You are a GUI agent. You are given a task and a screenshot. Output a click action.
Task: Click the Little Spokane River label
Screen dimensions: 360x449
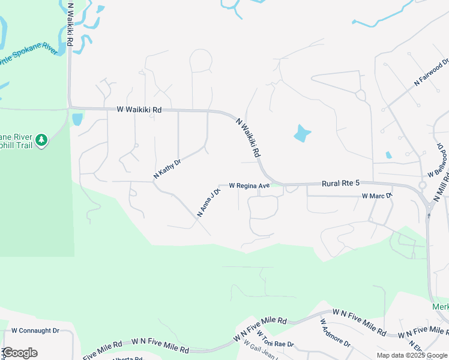(30, 60)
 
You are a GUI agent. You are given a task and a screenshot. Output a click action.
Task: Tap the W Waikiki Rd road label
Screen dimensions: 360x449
(139, 110)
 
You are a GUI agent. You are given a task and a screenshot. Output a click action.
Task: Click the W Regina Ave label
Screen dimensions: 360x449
(249, 186)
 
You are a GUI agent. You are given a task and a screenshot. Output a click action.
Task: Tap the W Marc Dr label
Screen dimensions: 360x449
(377, 196)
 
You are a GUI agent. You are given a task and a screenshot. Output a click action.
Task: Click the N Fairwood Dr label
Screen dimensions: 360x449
(431, 73)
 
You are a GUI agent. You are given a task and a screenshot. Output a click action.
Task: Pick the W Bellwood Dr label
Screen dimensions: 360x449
(439, 160)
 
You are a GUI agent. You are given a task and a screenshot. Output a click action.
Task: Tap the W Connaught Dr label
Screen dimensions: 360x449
(35, 331)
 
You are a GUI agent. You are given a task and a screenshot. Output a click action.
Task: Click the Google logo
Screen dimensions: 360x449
(20, 353)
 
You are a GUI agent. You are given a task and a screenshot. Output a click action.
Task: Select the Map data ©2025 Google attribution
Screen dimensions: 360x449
(411, 355)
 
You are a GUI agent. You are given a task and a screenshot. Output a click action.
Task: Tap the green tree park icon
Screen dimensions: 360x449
(41, 140)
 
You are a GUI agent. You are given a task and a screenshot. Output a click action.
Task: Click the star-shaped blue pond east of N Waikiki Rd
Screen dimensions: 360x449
(302, 133)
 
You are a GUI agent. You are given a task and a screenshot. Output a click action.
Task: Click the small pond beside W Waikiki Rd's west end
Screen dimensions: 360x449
(77, 119)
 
